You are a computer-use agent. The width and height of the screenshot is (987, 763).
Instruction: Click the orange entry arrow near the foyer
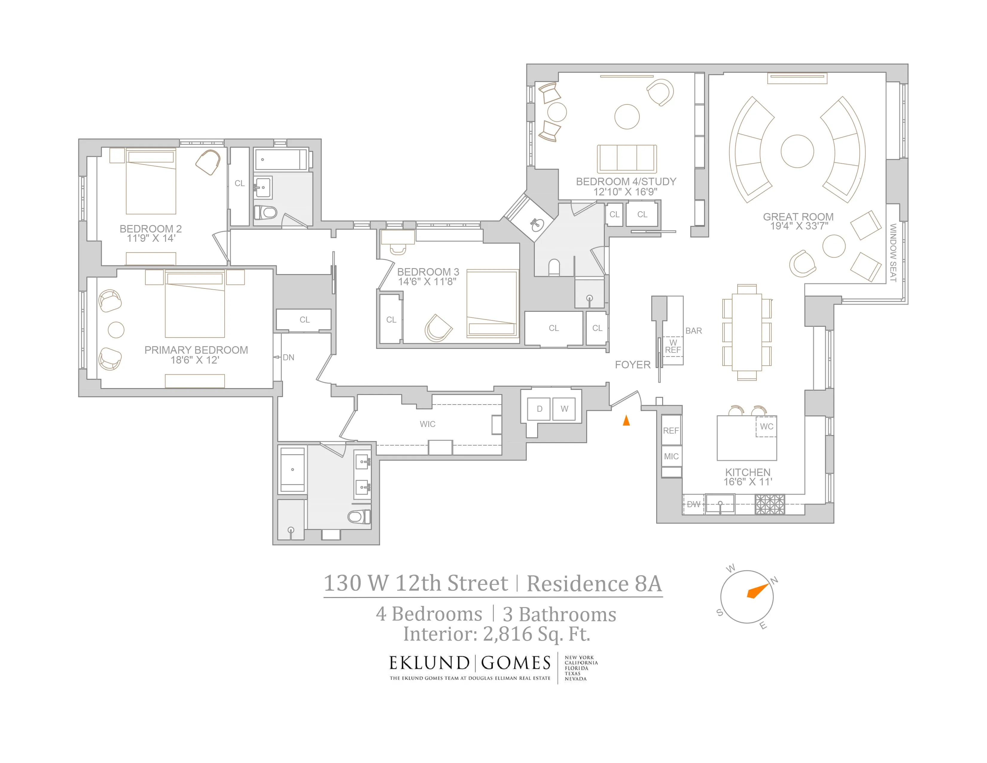click(x=626, y=420)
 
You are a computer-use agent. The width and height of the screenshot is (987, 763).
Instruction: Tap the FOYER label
click(x=632, y=365)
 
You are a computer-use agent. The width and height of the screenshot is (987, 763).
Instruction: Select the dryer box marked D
click(x=539, y=409)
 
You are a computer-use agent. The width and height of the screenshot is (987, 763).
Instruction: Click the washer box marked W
click(x=564, y=409)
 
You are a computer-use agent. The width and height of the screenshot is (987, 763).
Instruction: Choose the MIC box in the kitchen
click(x=671, y=457)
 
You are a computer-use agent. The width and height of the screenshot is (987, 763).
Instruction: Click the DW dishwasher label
click(x=693, y=504)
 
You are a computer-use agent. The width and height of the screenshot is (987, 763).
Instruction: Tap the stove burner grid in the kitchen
click(x=770, y=504)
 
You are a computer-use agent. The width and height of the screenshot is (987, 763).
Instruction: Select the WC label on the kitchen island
click(x=767, y=427)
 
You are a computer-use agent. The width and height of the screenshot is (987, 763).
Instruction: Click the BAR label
click(x=694, y=331)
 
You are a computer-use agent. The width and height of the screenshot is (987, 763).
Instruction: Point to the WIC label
click(x=427, y=424)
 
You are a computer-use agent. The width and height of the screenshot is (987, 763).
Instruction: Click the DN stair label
click(x=288, y=358)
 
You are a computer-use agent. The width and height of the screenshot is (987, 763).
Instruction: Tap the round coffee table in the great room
click(x=797, y=151)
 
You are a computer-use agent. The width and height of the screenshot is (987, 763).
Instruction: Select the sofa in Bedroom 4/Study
click(x=627, y=159)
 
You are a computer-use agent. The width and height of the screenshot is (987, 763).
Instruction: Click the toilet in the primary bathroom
click(x=360, y=516)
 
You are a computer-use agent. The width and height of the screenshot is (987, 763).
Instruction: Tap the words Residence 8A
click(x=594, y=583)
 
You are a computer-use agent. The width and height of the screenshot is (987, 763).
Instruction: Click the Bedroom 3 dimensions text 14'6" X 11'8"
click(x=427, y=282)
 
